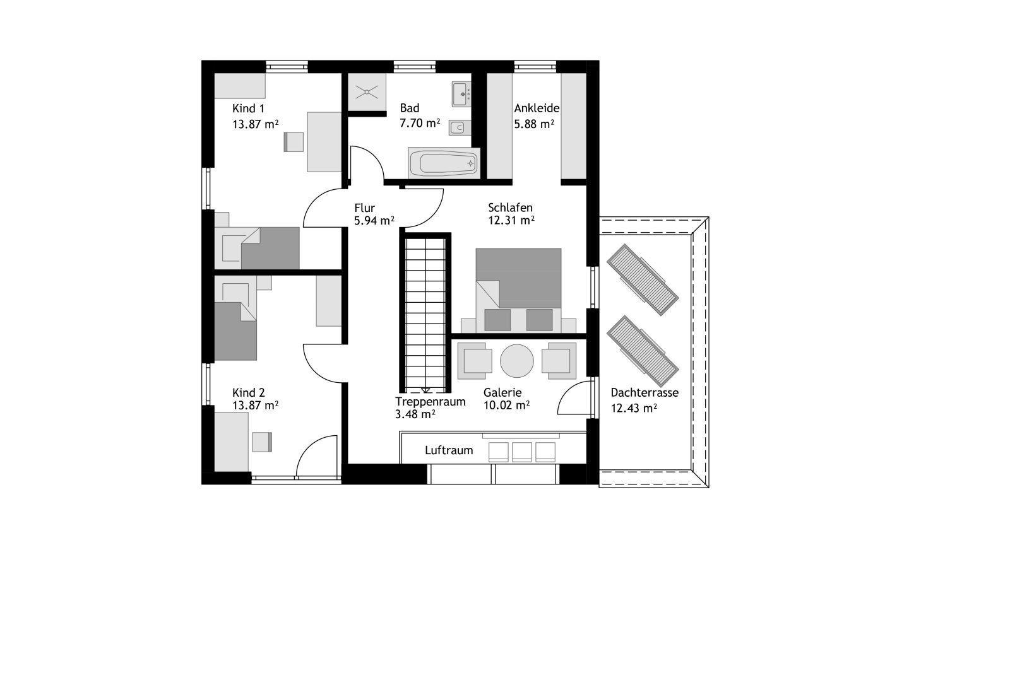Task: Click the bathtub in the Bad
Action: pos(444,163)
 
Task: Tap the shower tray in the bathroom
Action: pos(367,92)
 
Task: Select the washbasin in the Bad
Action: pos(461,94)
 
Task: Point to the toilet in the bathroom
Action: pos(460,128)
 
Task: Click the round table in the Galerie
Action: pos(517,361)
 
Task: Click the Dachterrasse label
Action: pos(645,393)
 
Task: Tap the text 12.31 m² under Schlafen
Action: pos(511,221)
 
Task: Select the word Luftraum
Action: pos(449,450)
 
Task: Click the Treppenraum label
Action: pos(430,402)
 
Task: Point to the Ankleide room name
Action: pos(537,108)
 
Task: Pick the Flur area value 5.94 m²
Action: pos(374,221)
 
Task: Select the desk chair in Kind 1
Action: pos(294,142)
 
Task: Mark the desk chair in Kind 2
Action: pos(262,442)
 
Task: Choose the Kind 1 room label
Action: pos(249,108)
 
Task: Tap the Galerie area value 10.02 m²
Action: pos(506,406)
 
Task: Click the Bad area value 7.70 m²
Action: pos(420,123)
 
